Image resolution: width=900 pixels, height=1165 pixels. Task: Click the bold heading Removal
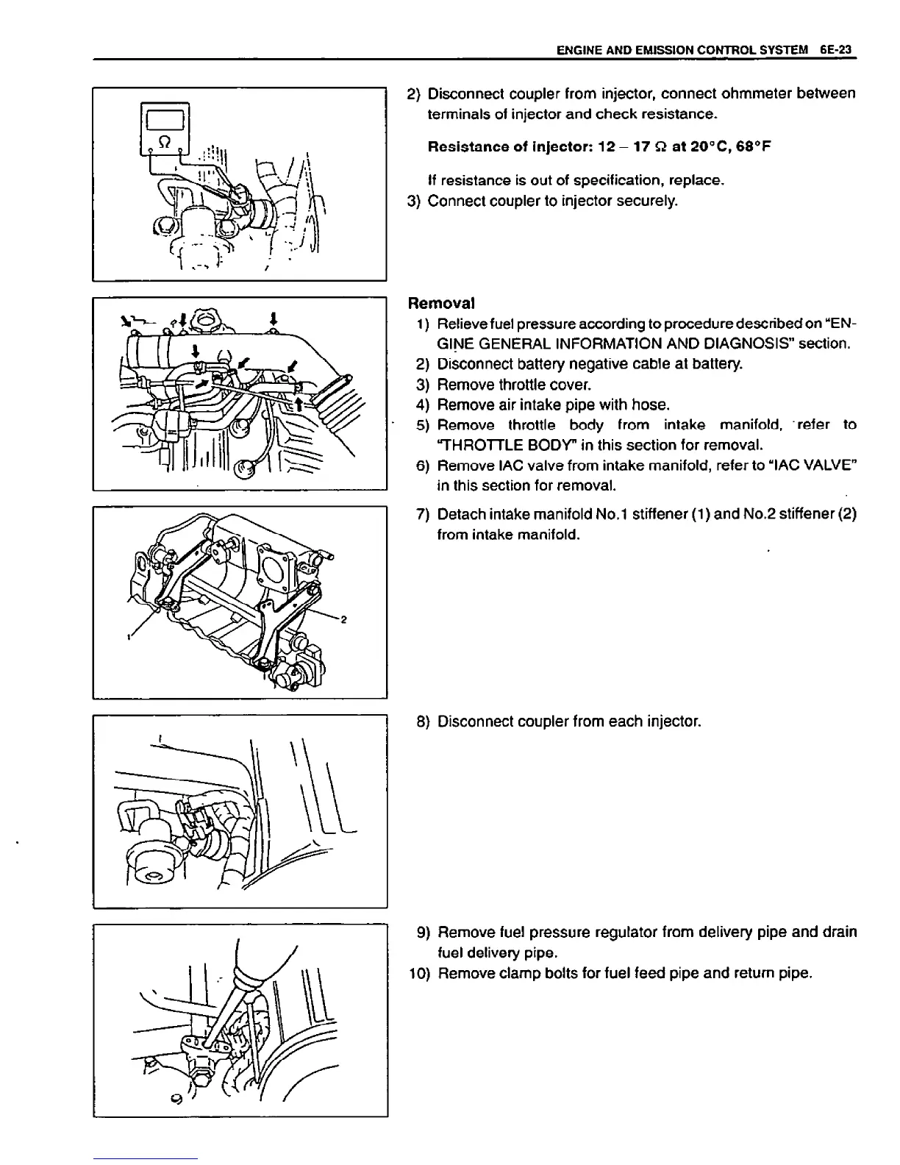[441, 303]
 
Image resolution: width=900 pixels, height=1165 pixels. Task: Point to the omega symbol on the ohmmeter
[165, 140]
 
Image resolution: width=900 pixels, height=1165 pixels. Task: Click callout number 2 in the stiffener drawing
[343, 619]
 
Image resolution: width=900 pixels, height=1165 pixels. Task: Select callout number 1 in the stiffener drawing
[128, 635]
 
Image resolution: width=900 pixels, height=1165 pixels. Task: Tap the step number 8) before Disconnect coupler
[423, 722]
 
